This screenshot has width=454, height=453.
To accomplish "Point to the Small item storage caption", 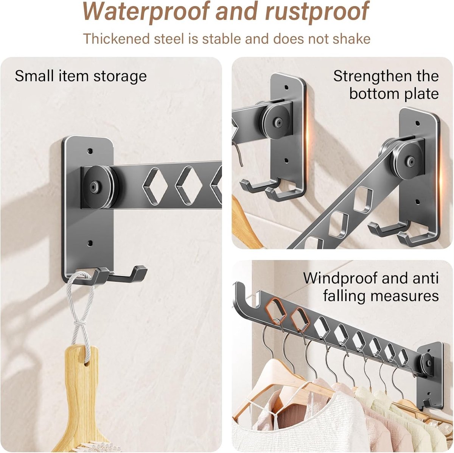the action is pos(81,76).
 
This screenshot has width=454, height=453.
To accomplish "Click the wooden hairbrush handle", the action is pos(80,386).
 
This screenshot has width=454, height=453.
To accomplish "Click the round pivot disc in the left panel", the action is pos(98,187).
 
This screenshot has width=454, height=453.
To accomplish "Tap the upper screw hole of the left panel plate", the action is pos(90,151).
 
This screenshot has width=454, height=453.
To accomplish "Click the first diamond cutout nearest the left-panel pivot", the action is pos(155,186).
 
